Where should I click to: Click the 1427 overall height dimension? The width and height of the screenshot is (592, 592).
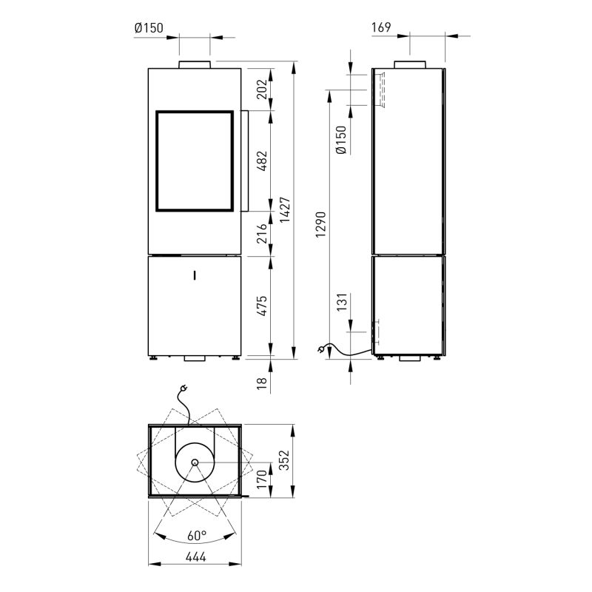point(285,209)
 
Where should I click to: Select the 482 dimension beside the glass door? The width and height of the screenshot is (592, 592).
point(262,161)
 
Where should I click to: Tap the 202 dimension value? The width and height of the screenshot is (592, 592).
point(262,89)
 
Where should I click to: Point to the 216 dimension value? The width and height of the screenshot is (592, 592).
point(262,233)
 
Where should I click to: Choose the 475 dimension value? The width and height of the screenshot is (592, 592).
point(262,306)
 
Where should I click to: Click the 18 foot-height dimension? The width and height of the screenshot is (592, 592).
point(262,383)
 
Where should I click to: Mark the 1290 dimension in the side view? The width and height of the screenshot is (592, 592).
point(320,224)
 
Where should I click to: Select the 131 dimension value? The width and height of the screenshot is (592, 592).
point(342,302)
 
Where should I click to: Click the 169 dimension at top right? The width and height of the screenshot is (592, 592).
point(381,27)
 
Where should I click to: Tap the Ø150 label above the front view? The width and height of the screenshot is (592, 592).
point(149,28)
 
